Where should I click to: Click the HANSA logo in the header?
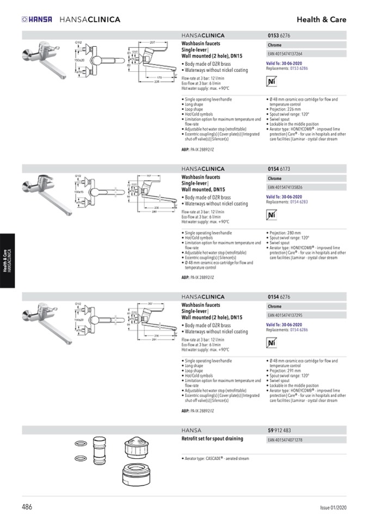pos(37,20)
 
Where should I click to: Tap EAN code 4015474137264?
pos(285,54)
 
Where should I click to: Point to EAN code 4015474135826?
pos(285,187)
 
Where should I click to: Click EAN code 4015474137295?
pos(285,315)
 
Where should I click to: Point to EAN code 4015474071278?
pos(285,440)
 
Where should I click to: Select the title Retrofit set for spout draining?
pos(212,439)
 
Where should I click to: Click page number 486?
pos(27,507)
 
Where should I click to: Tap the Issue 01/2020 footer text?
pos(333,508)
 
